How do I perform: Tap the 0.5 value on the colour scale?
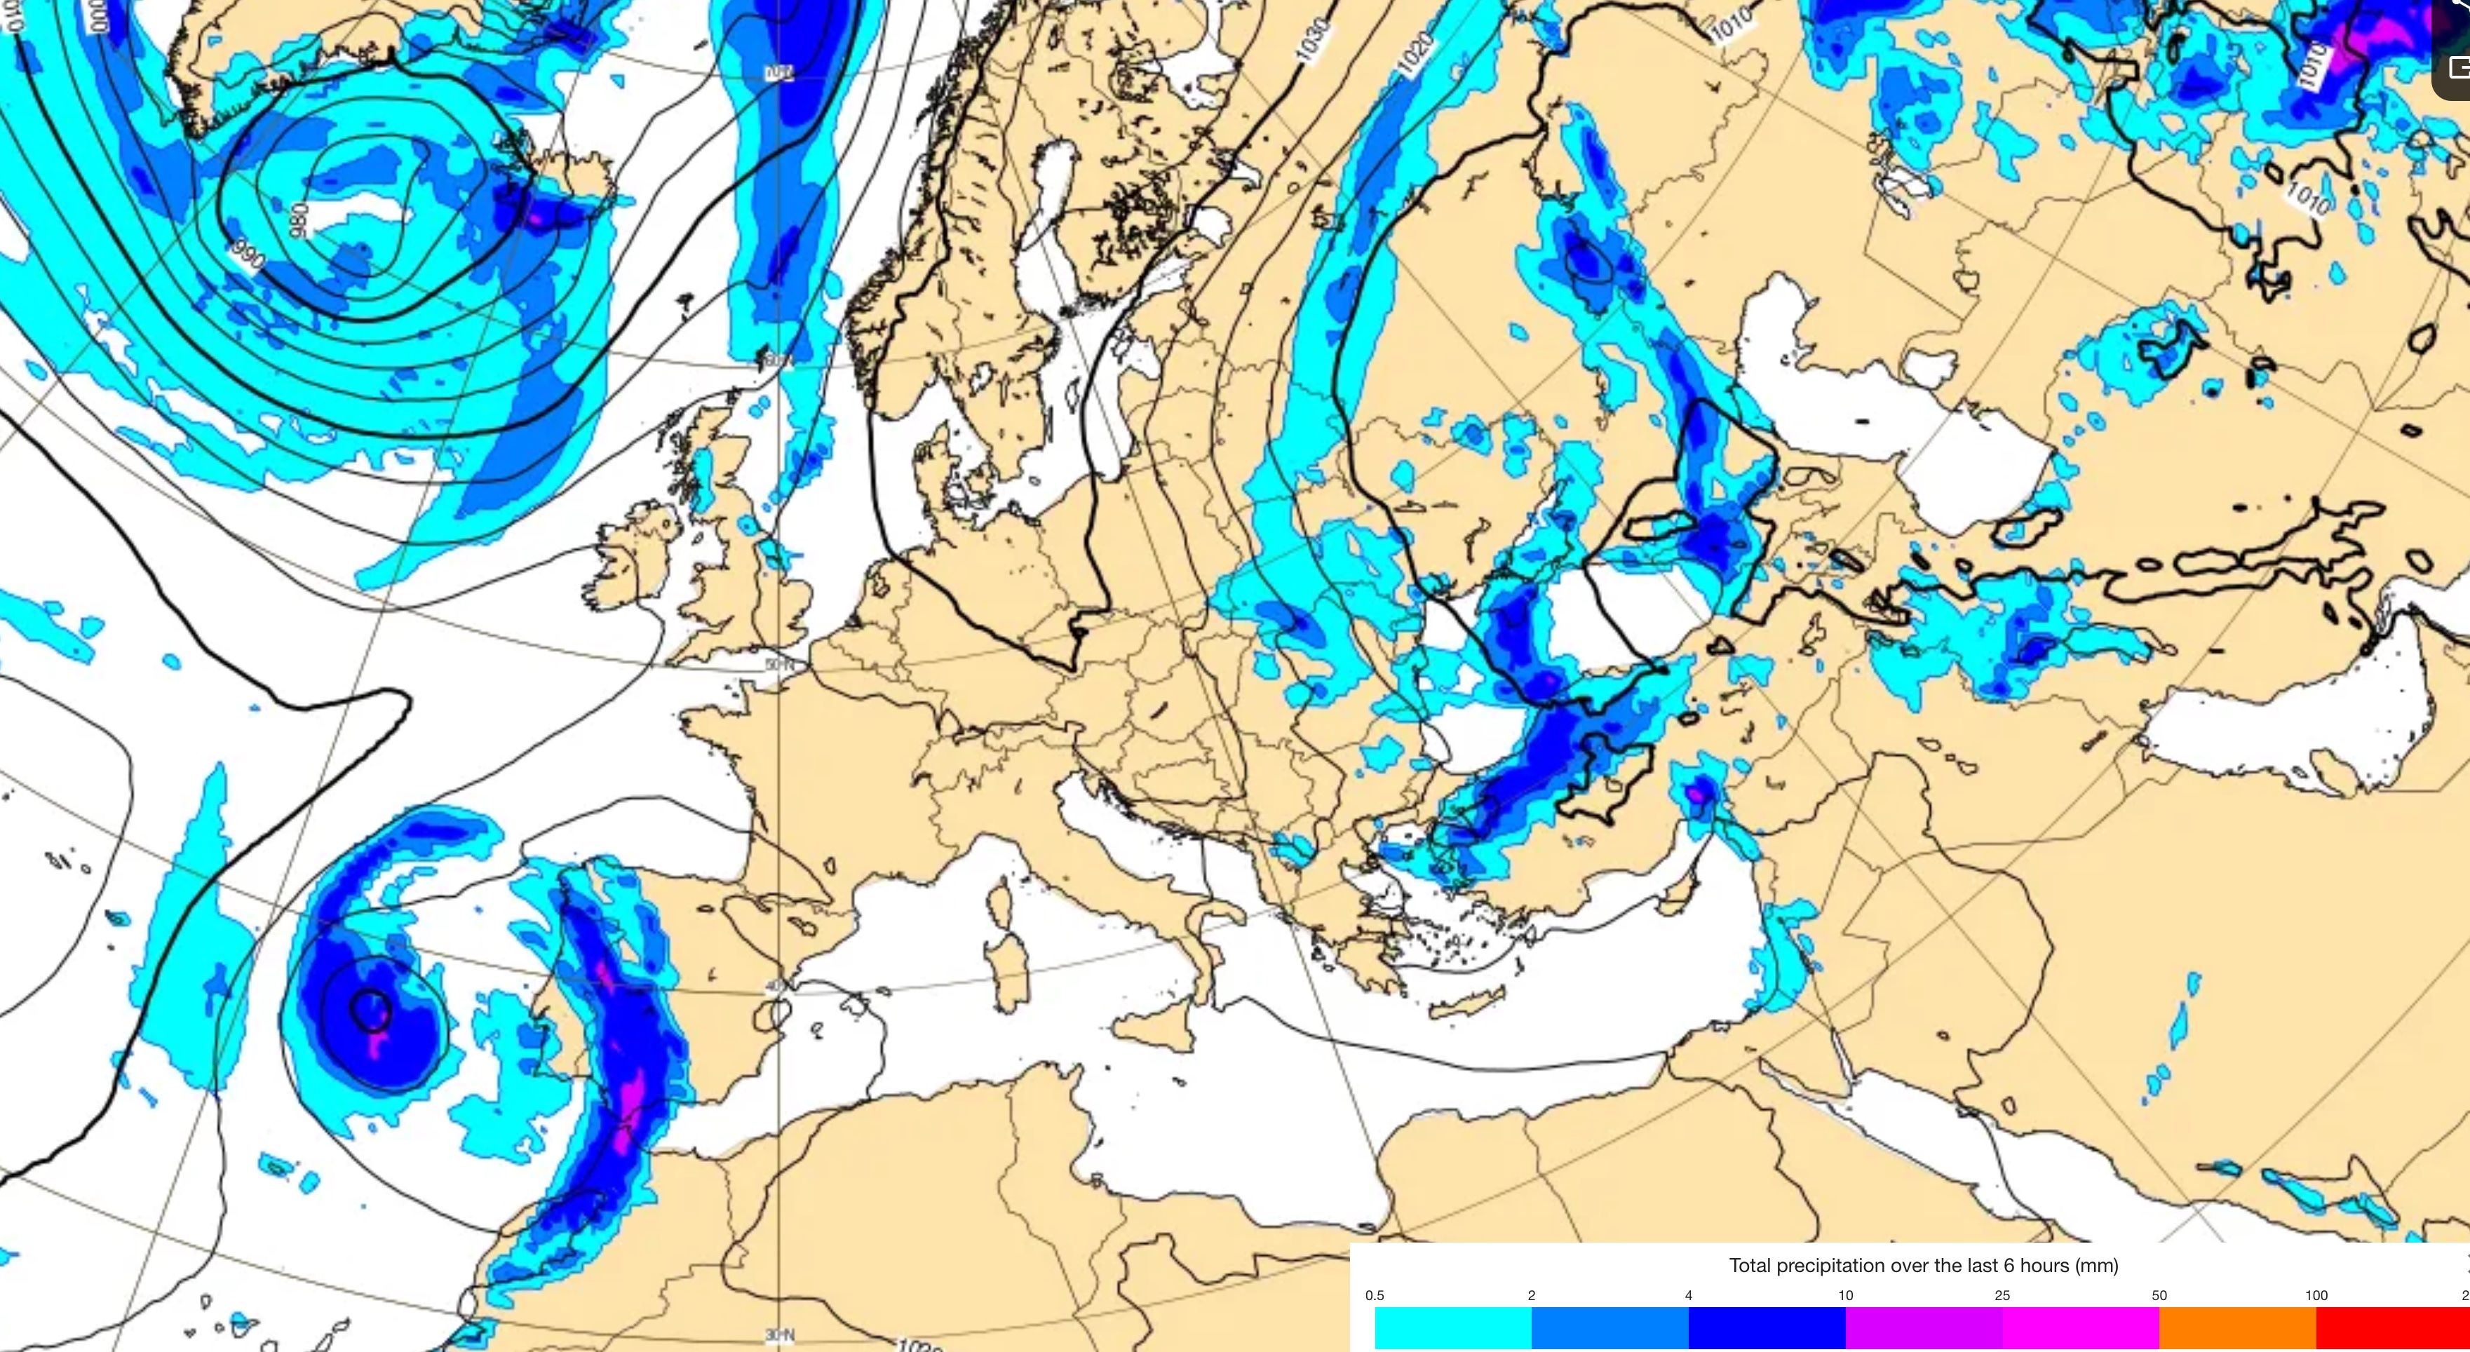[x=1374, y=1295]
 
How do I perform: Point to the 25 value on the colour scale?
[x=2002, y=1295]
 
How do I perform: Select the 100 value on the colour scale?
[x=2316, y=1295]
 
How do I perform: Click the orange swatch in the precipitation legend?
[x=2237, y=1329]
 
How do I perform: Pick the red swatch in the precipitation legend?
[x=2392, y=1329]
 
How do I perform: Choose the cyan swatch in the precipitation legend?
[x=1452, y=1329]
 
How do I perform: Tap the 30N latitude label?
[x=778, y=1334]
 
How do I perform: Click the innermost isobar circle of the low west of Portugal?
[x=370, y=1010]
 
